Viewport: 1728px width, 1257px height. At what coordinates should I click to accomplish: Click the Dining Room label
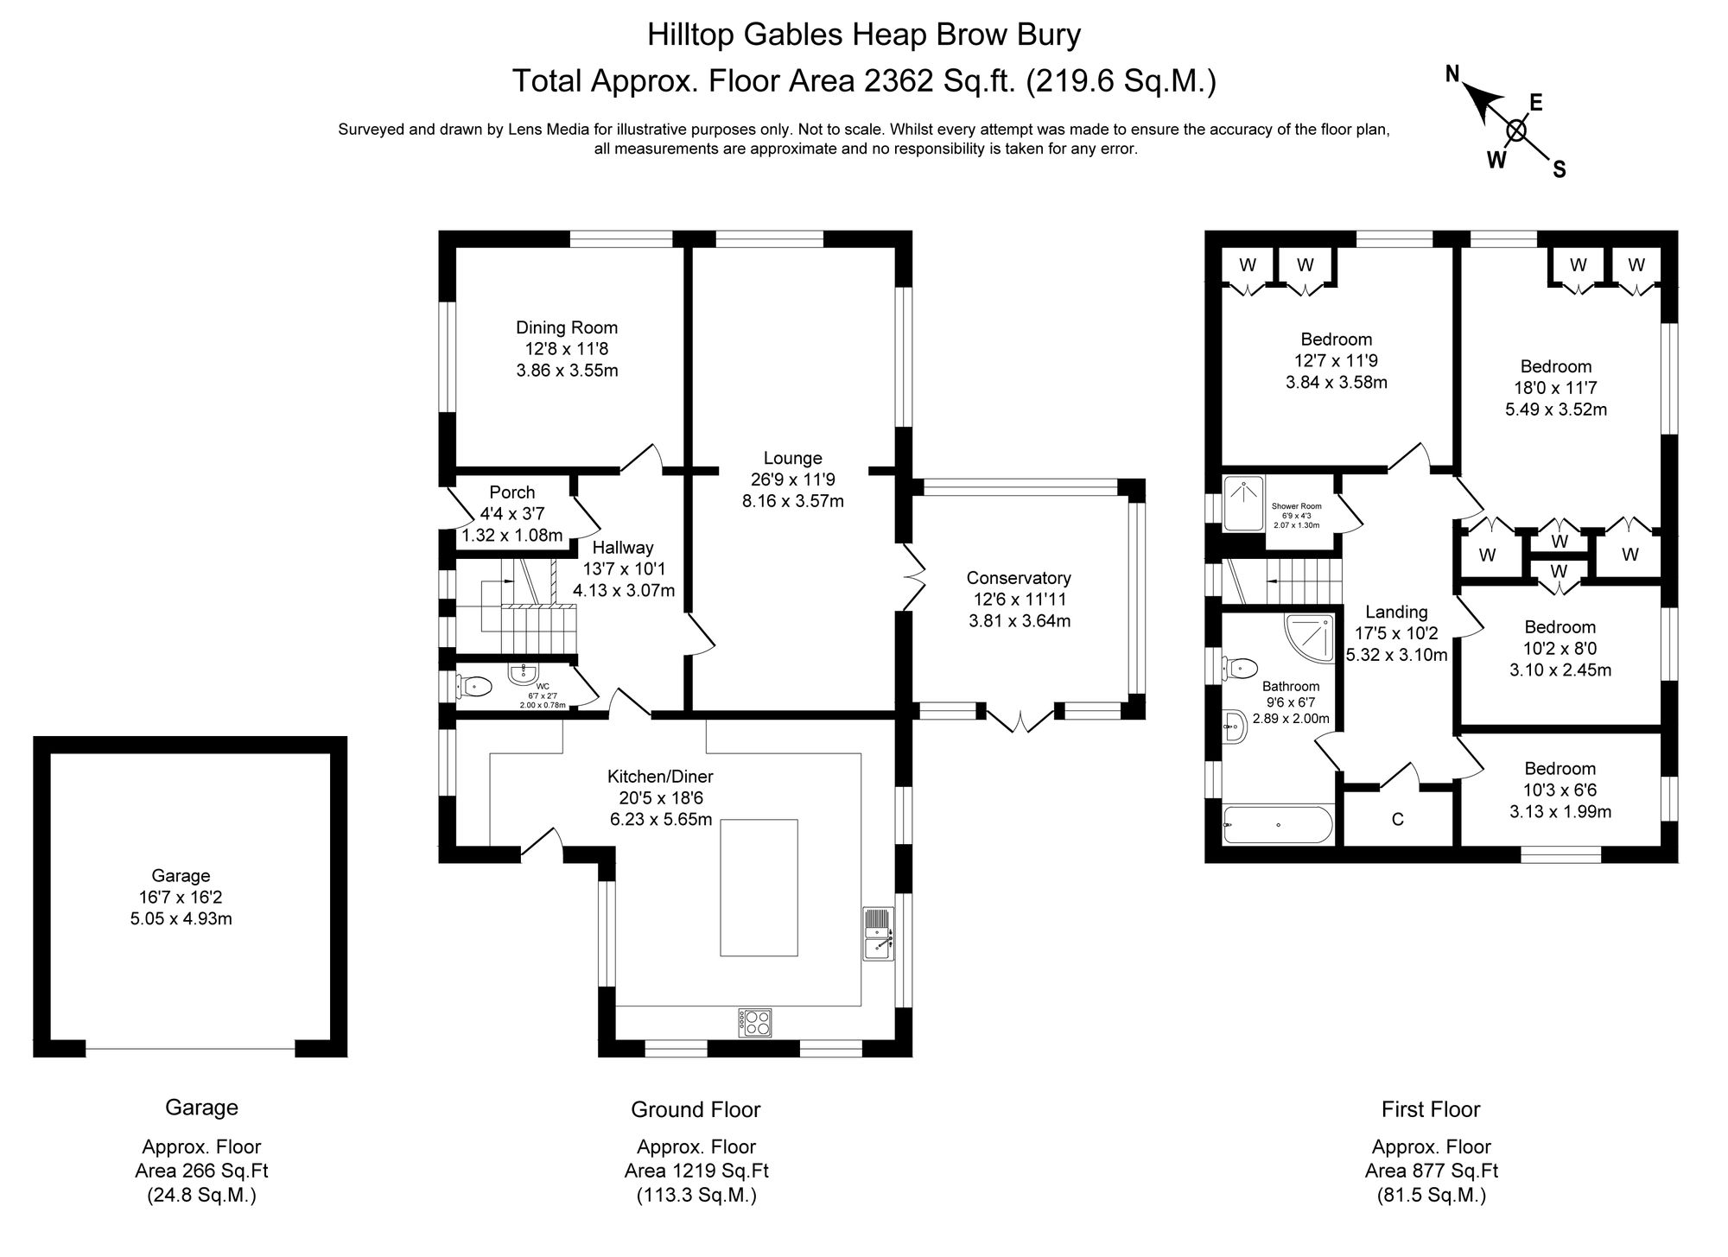click(x=566, y=327)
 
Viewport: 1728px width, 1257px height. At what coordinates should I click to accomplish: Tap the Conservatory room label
click(x=1019, y=578)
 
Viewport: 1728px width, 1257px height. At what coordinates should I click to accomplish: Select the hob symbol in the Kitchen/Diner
click(x=754, y=1022)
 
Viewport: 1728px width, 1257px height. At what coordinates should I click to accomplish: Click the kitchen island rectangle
click(x=759, y=887)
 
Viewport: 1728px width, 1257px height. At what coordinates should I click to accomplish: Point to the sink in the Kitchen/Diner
click(x=878, y=934)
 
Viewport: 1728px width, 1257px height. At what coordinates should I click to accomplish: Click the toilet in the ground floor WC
click(x=475, y=687)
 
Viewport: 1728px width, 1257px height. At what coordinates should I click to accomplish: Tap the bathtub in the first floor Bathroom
click(x=1278, y=825)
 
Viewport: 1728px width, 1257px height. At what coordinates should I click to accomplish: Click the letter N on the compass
click(x=1453, y=74)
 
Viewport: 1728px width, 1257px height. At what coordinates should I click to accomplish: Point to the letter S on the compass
click(x=1560, y=170)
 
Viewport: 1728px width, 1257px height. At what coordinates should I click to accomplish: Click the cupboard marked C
click(x=1397, y=819)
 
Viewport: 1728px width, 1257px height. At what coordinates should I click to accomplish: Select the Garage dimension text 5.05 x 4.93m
click(x=181, y=918)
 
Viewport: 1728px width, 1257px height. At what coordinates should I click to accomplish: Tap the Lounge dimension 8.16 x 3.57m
click(x=792, y=501)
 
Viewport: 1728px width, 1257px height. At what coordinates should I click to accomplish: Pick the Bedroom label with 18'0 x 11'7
click(x=1555, y=366)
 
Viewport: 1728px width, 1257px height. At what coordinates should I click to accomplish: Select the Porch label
click(x=511, y=492)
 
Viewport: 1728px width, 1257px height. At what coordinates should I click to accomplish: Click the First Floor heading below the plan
click(x=1430, y=1109)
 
